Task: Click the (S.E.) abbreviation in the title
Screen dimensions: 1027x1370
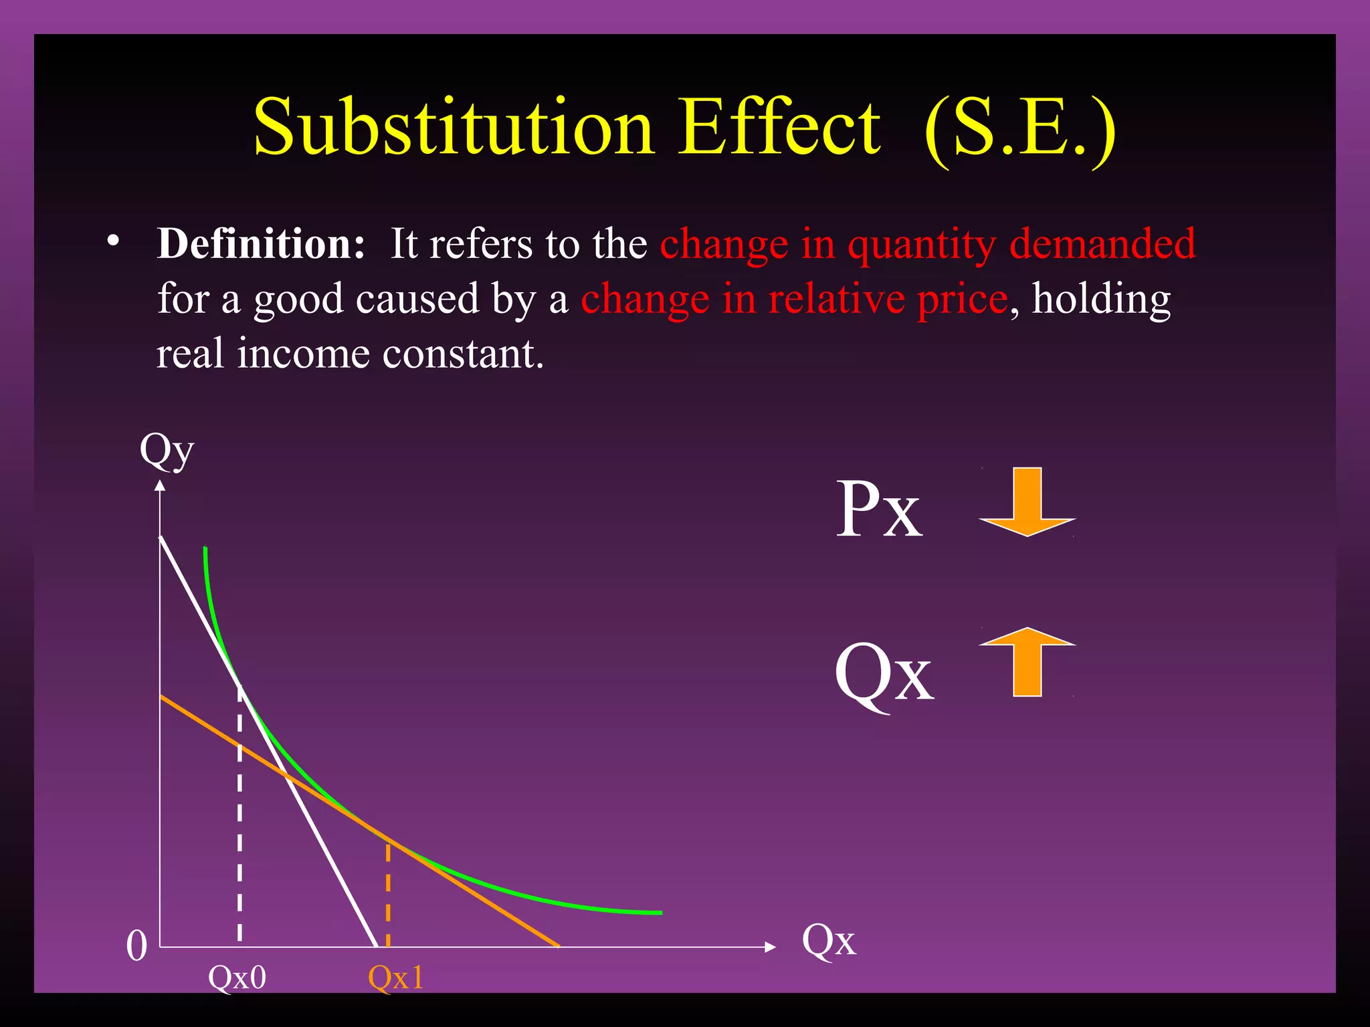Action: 1019,128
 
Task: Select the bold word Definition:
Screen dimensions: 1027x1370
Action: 261,244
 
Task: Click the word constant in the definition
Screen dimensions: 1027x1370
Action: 462,354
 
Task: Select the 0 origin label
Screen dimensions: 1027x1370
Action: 136,947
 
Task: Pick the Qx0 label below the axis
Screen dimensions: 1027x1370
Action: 237,978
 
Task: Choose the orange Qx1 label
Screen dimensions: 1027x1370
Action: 396,978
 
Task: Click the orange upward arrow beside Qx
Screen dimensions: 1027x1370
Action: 1027,662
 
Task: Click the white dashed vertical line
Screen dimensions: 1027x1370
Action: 239,836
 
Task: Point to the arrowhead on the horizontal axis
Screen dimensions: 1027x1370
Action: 770,947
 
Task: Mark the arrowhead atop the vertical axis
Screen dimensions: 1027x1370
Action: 160,486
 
